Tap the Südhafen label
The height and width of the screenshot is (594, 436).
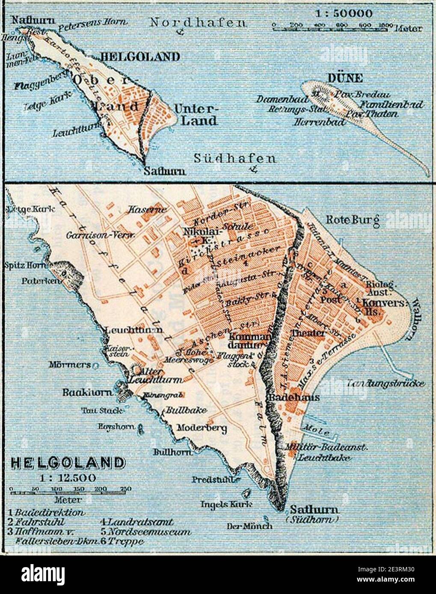(x=234, y=159)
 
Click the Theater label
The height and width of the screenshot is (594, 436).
(x=307, y=332)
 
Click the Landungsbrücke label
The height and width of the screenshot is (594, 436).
(x=386, y=383)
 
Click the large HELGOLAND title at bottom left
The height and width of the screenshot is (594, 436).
(x=68, y=462)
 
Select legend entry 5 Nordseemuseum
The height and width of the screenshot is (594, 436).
(x=145, y=532)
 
